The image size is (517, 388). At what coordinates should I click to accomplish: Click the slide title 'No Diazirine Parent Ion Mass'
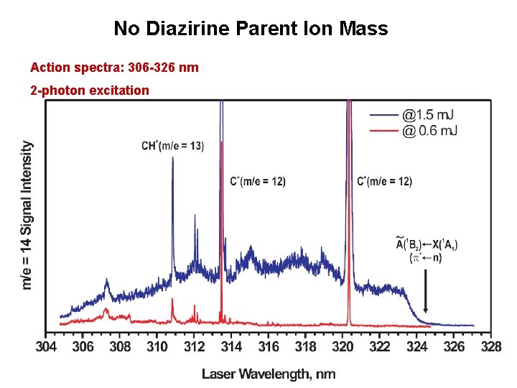click(x=251, y=29)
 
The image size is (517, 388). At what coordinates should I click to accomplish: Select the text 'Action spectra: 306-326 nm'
click(x=114, y=68)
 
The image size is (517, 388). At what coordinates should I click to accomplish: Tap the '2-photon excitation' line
click(x=90, y=91)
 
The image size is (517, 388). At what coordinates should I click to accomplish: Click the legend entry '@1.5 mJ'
click(x=427, y=115)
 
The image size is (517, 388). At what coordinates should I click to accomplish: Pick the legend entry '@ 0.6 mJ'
click(x=429, y=130)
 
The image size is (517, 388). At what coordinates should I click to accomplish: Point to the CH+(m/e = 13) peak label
click(x=172, y=146)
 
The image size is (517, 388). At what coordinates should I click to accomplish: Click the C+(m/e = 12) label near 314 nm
click(x=258, y=182)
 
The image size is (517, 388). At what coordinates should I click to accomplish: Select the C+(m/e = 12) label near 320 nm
click(x=384, y=182)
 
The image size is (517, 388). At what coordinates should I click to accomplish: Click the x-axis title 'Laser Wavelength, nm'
click(x=269, y=374)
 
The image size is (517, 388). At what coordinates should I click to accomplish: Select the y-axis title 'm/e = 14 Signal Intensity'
click(x=27, y=215)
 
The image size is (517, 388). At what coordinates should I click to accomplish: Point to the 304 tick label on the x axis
click(x=46, y=347)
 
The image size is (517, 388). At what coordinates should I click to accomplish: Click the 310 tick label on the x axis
click(x=157, y=347)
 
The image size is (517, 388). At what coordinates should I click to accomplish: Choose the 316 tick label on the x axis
click(x=269, y=347)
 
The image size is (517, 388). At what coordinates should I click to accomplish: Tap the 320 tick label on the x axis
click(x=343, y=347)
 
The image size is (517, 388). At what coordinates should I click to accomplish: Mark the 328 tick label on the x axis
click(x=491, y=347)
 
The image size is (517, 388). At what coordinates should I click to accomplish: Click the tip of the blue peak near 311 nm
click(x=173, y=159)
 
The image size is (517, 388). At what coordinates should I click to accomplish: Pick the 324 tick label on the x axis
click(x=416, y=347)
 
